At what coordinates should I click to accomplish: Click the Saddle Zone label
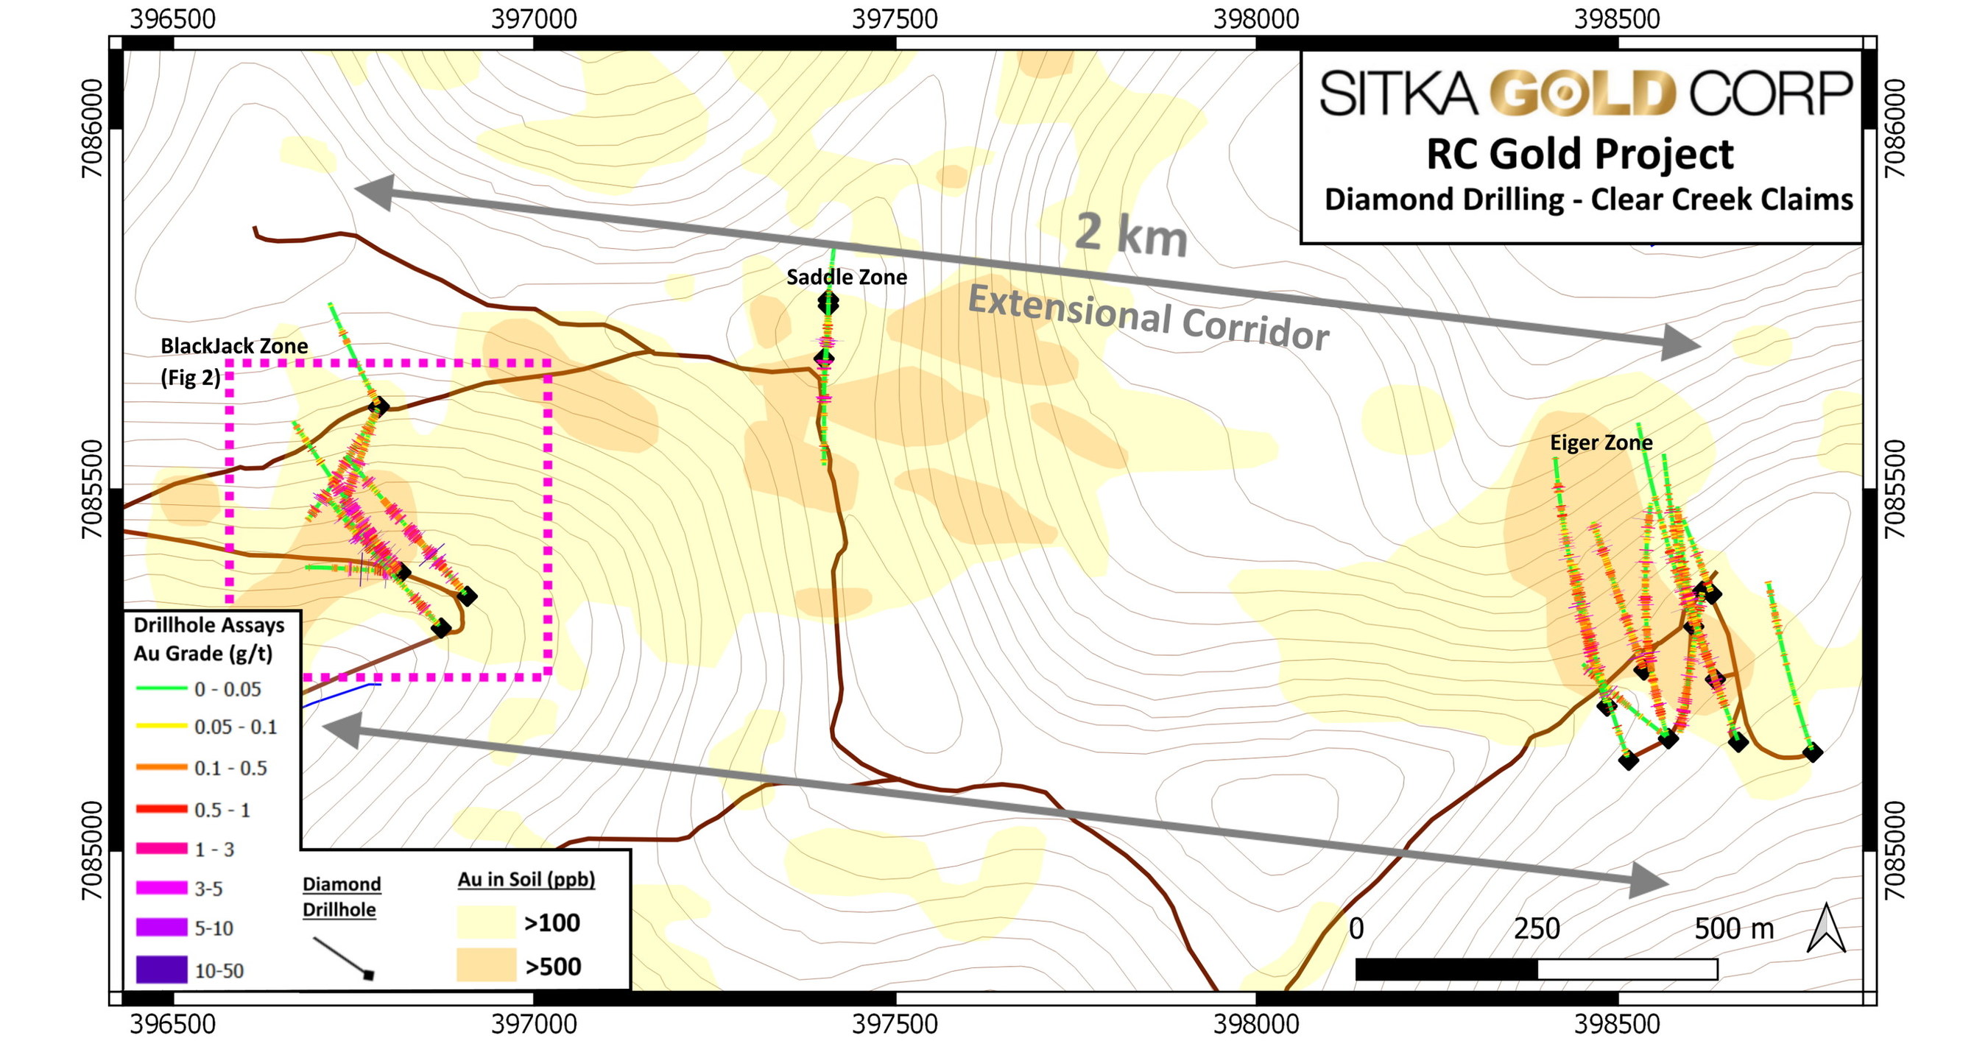[x=846, y=277]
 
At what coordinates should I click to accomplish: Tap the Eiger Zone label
[x=1601, y=443]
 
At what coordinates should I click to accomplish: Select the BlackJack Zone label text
[x=234, y=346]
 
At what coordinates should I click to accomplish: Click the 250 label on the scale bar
[x=1536, y=928]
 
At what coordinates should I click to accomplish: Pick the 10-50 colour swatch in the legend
[x=161, y=970]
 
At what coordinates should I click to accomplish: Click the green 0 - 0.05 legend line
[x=161, y=688]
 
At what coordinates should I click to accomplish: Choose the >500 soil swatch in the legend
[x=485, y=965]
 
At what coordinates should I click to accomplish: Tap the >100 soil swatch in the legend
[x=485, y=922]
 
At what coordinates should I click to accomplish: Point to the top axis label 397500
[x=895, y=18]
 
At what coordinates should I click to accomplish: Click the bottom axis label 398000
[x=1255, y=1024]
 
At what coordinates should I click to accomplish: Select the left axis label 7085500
[x=92, y=489]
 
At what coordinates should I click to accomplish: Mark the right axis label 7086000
[x=1894, y=128]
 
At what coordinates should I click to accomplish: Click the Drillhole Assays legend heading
[x=208, y=625]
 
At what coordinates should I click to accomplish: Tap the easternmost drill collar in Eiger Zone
[x=1812, y=752]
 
